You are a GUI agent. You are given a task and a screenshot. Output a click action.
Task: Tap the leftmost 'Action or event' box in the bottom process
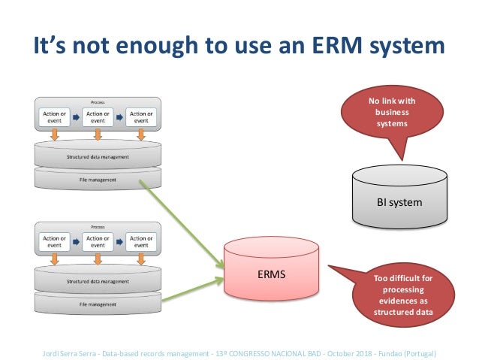point(54,242)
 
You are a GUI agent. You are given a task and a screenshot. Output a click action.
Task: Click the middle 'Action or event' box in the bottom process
point(98,242)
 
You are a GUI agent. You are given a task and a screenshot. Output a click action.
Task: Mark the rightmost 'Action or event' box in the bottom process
point(140,242)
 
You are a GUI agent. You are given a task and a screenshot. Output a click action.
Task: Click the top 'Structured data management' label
point(98,156)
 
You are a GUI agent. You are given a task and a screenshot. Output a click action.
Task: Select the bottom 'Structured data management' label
point(98,282)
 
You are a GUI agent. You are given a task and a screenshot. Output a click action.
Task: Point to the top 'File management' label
point(98,180)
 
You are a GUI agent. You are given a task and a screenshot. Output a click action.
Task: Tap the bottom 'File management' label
point(98,304)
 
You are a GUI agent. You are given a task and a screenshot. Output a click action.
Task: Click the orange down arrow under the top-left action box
point(54,135)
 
